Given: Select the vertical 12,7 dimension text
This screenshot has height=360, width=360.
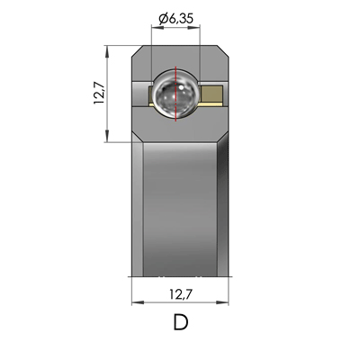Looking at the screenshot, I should point(96,93).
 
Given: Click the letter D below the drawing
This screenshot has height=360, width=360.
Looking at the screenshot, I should point(180,322).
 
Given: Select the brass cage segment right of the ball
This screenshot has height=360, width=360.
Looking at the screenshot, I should point(214,93).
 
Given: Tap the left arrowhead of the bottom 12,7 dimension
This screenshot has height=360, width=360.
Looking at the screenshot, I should point(135,303).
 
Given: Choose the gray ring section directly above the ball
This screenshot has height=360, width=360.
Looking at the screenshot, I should point(176,56).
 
